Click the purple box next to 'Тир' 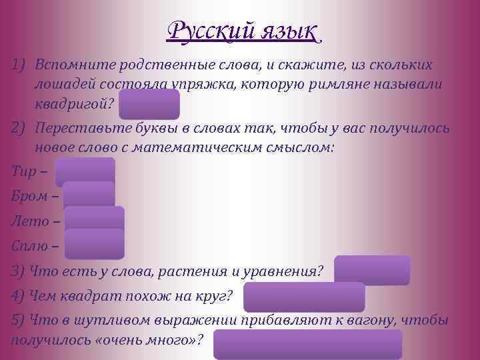(x=85, y=172)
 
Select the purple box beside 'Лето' (x=95, y=221)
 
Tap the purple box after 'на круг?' (x=304, y=297)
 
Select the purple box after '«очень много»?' (x=308, y=343)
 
